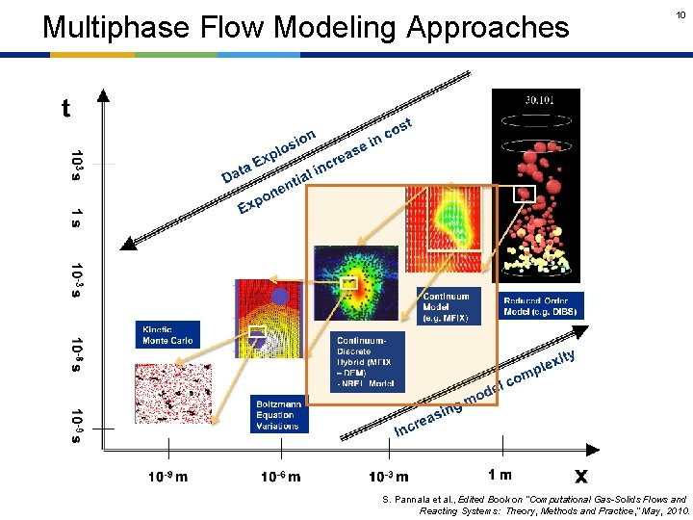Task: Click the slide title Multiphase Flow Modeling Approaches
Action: click(x=306, y=27)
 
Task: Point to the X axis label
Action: click(x=580, y=475)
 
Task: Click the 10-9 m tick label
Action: click(x=167, y=476)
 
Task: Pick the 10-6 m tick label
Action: click(x=280, y=476)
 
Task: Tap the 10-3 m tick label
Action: click(x=388, y=476)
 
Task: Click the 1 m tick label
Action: click(x=500, y=474)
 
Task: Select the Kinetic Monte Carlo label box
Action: click(x=167, y=334)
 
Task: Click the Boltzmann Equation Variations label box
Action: click(x=279, y=414)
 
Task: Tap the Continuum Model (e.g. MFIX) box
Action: click(x=449, y=306)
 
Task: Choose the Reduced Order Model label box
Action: click(x=541, y=306)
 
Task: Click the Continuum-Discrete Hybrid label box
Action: click(x=369, y=362)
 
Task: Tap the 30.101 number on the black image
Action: click(x=538, y=97)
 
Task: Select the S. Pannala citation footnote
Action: click(x=534, y=505)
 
